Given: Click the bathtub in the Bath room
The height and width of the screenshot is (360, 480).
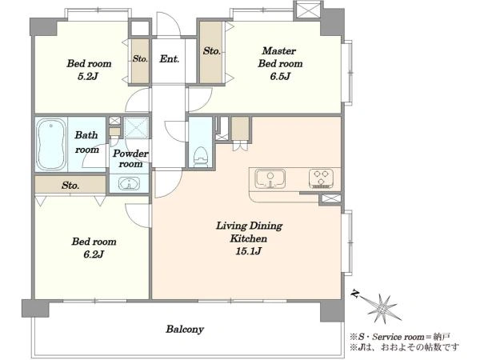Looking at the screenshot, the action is point(51,144).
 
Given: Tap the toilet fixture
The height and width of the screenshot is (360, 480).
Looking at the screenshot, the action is point(201,157).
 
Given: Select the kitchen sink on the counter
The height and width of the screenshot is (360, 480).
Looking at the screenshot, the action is point(270,178).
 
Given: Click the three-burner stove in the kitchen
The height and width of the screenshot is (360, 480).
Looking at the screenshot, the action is point(321,178).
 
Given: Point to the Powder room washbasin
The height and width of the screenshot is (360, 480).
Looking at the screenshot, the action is point(129,184).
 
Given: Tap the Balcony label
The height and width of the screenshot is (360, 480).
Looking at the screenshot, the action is point(185,329).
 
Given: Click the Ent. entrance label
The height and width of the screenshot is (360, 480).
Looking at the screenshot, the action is point(170,58).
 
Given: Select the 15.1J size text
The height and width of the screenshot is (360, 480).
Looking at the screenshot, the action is point(248,251).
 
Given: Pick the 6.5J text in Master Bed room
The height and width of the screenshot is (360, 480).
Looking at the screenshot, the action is point(280,76).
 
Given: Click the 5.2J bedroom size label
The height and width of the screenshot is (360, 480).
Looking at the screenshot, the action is point(88,76).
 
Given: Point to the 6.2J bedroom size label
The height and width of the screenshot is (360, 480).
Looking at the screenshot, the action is point(94,254).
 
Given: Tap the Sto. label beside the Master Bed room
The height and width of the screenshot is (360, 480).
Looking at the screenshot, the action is point(211,50).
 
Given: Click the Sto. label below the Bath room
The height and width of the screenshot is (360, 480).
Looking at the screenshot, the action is point(70,186).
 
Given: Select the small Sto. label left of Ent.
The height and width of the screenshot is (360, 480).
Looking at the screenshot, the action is point(140,58).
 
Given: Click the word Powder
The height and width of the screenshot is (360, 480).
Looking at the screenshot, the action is point(130,153).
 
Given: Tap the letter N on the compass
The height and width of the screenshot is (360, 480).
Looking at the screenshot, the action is point(355,294).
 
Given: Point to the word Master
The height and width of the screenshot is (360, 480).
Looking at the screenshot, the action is point(279,50).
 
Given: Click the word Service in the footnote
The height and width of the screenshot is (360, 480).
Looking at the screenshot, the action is point(387,337).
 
